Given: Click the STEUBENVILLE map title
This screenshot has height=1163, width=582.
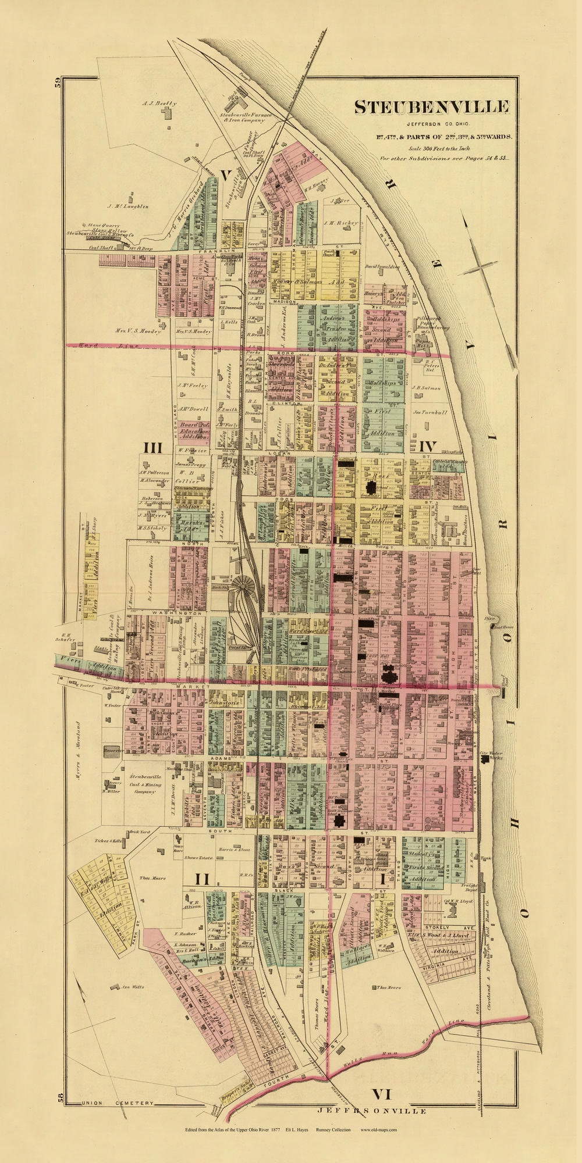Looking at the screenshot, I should [432, 107].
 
